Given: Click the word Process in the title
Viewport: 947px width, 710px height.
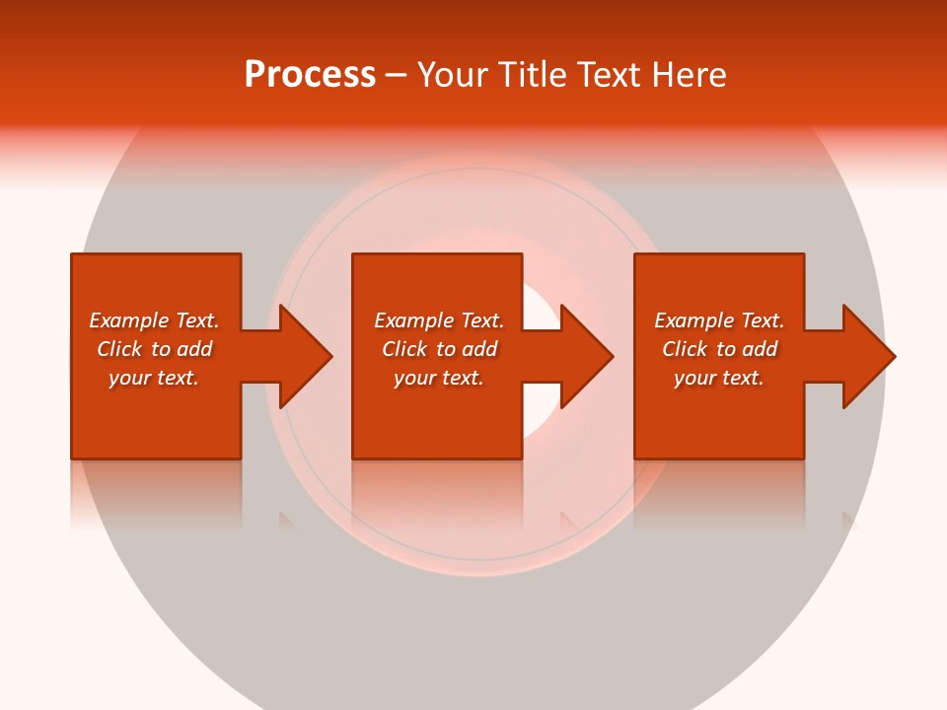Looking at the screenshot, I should click(x=310, y=75).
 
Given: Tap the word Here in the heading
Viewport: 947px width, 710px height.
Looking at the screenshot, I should click(x=688, y=75).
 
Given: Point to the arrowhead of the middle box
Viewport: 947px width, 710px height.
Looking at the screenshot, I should click(x=586, y=356).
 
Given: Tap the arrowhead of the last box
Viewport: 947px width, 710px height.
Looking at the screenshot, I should click(x=868, y=356).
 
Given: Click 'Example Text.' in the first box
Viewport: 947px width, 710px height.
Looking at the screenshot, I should click(x=154, y=320).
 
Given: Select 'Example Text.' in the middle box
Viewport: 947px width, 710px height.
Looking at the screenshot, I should click(x=439, y=320).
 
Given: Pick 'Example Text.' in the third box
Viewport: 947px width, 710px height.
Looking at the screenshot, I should click(x=719, y=320).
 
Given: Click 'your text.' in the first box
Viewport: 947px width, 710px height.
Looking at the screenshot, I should click(x=154, y=378).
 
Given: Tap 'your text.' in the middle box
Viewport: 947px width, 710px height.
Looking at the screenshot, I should click(x=439, y=378).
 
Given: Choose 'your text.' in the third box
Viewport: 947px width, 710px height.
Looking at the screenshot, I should click(x=719, y=378).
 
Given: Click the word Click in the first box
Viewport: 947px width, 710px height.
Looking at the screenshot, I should click(x=119, y=349).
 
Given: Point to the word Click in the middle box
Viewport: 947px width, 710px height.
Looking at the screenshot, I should click(x=404, y=349).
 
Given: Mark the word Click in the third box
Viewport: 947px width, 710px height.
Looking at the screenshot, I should click(x=685, y=349).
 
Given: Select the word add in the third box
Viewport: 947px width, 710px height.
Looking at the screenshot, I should click(x=760, y=349).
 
